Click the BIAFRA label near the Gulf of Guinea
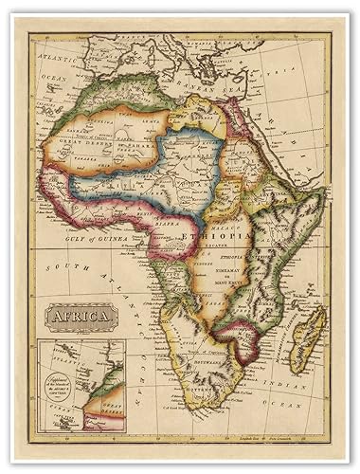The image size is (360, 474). click(x=167, y=226)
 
